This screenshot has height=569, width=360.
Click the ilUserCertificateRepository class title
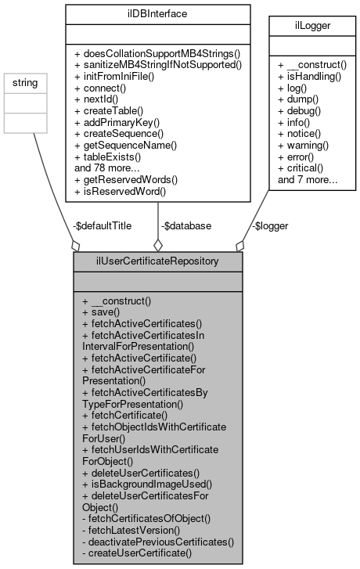(x=157, y=260)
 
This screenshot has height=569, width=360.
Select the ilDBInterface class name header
(x=157, y=13)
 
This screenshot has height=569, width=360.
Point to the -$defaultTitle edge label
(x=102, y=225)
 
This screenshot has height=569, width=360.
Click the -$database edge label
(x=185, y=225)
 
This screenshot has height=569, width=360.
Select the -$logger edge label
(x=269, y=225)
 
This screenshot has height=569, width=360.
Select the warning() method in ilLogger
(x=305, y=146)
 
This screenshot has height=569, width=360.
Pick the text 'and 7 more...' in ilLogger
(x=304, y=178)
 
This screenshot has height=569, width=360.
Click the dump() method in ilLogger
(x=298, y=102)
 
